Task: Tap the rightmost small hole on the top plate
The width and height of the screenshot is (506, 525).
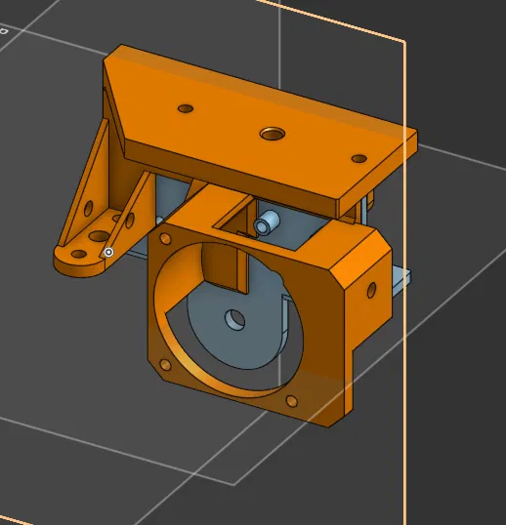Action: (358, 158)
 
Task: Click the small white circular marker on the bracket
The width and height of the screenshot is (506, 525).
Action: (108, 252)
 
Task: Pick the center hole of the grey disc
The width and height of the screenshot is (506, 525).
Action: (233, 318)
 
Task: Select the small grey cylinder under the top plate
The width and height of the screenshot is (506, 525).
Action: (264, 224)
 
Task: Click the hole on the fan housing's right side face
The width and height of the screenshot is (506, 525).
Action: (371, 289)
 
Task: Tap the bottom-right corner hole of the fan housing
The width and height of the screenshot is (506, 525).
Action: (291, 401)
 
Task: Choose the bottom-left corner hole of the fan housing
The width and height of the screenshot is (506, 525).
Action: (166, 365)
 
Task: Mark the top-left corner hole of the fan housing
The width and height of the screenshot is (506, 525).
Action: (162, 238)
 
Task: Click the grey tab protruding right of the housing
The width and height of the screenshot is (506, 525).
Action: (401, 280)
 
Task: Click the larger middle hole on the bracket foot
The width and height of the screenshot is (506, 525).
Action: (99, 235)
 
